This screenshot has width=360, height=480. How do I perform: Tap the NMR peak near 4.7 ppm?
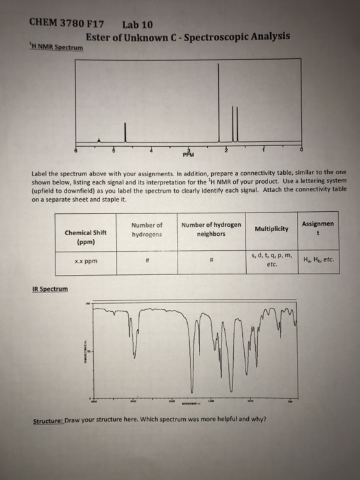click(125, 132)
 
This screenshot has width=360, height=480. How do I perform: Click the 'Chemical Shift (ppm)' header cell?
click(84, 237)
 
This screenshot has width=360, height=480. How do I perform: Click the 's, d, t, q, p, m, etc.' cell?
click(272, 259)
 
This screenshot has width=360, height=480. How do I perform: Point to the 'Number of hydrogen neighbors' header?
click(211, 229)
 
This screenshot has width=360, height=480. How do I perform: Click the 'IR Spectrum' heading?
click(50, 289)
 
